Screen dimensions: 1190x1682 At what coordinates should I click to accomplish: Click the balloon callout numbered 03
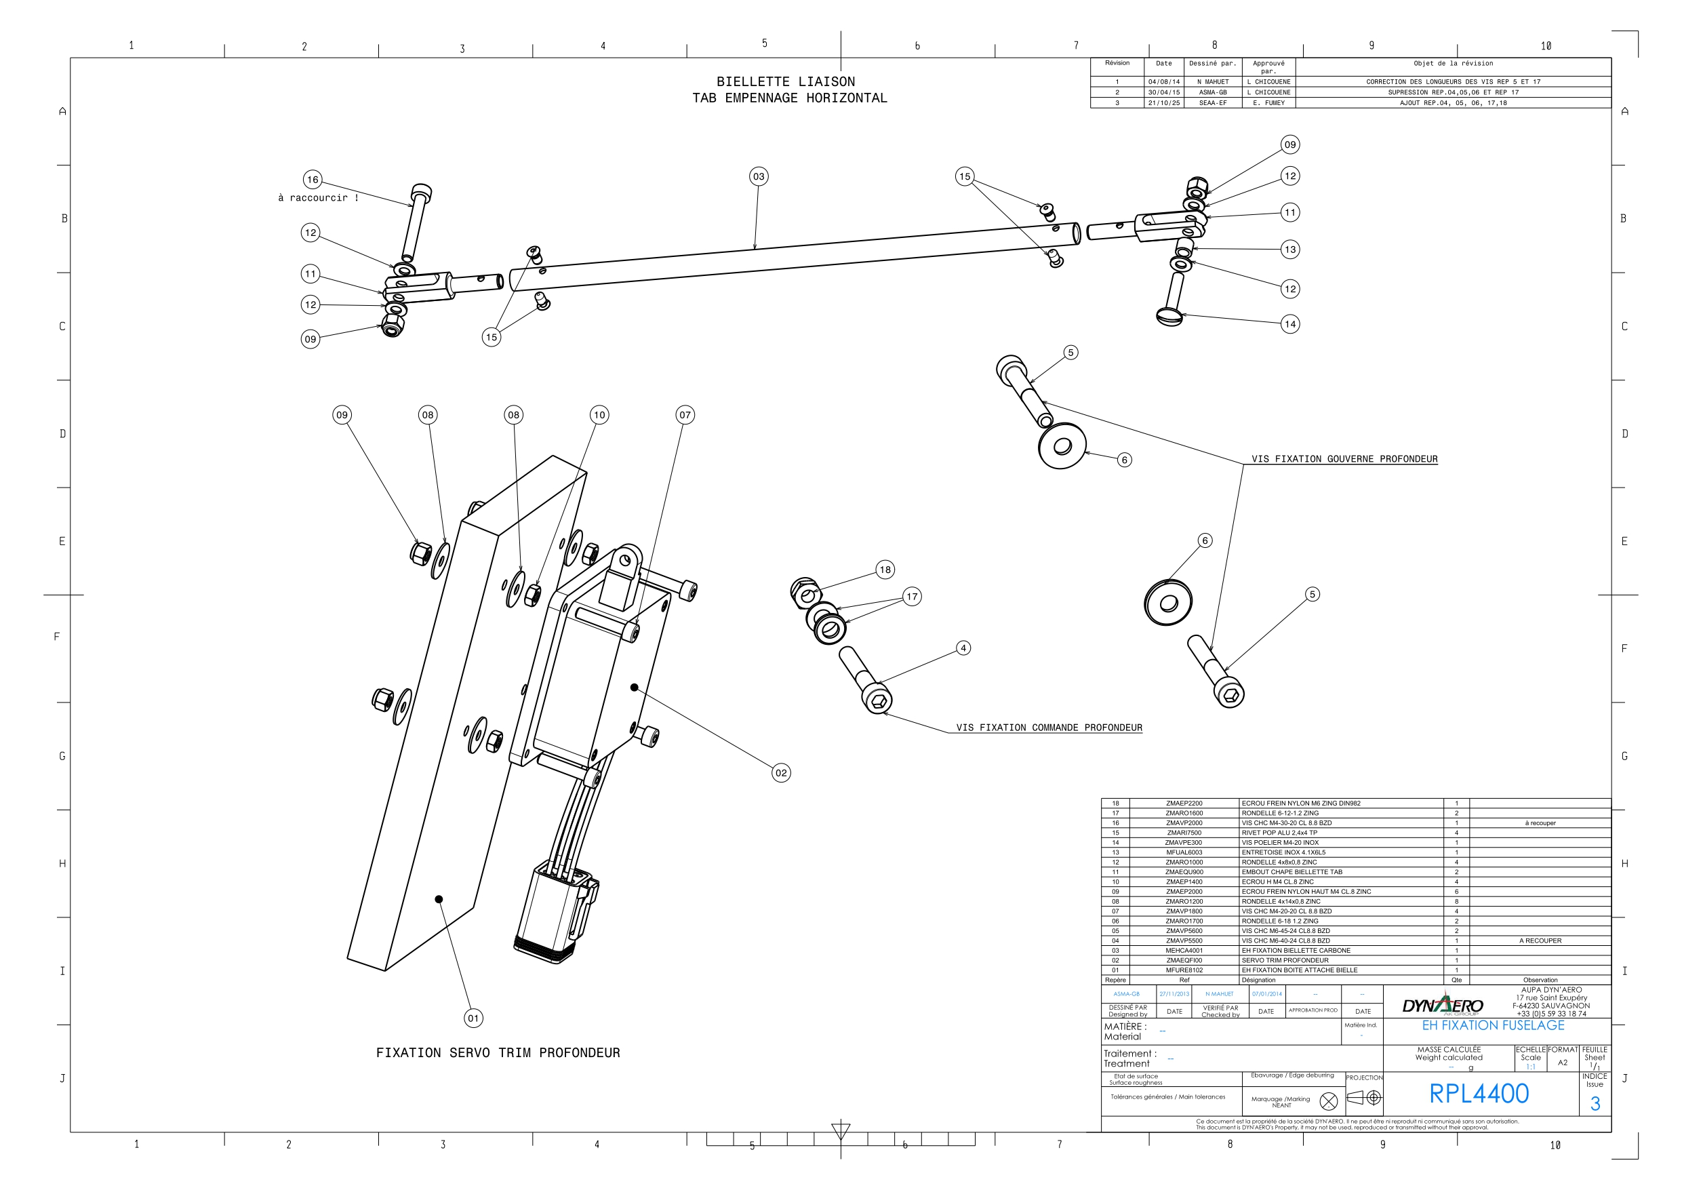click(x=758, y=176)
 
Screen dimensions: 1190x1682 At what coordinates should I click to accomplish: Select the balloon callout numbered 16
click(x=313, y=180)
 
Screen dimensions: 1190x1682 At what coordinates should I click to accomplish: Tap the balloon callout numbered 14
click(x=1290, y=324)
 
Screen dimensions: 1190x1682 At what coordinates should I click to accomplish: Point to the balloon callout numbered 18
click(x=885, y=570)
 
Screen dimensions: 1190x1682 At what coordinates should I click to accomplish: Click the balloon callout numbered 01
click(x=473, y=1018)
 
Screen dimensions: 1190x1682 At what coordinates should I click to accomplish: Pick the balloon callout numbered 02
click(x=781, y=773)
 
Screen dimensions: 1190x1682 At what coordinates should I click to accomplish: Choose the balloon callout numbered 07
click(x=685, y=415)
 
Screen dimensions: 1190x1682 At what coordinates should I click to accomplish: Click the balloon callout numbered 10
click(x=599, y=415)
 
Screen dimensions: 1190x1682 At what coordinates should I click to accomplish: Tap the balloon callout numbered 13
click(x=1290, y=249)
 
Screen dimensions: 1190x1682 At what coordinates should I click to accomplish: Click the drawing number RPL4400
click(x=1479, y=1094)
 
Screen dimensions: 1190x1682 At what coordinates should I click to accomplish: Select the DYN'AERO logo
click(x=1442, y=1006)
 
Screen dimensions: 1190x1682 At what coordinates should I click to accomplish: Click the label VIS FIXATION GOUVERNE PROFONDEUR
click(x=1344, y=460)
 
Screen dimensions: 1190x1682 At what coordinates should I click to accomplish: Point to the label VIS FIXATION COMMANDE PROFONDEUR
click(x=1049, y=728)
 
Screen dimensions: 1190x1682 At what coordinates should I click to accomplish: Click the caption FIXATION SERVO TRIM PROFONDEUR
click(x=498, y=1053)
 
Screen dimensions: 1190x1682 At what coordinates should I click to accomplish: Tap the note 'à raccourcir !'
click(x=318, y=198)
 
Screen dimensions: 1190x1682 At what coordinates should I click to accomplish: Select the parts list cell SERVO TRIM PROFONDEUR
click(x=1285, y=960)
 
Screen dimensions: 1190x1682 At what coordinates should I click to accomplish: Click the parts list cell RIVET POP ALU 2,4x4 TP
click(x=1279, y=833)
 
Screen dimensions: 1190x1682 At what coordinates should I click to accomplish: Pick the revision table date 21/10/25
click(x=1164, y=103)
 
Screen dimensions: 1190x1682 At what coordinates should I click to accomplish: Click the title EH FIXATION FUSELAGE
click(x=1493, y=1026)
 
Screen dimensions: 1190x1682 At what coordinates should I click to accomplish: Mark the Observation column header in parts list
click(x=1540, y=980)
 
